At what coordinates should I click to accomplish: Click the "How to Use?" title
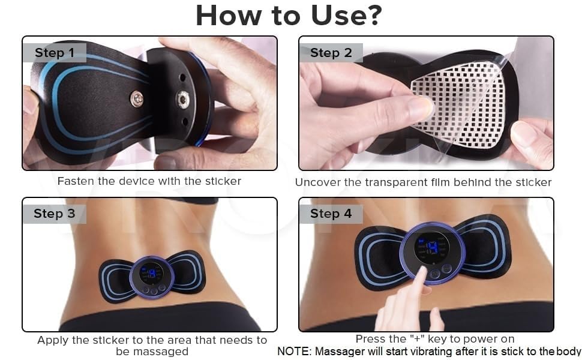coord(289,16)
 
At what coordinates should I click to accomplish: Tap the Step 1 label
coord(54,53)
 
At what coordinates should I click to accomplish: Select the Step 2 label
coord(331,53)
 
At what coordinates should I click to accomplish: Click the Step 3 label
coord(54,214)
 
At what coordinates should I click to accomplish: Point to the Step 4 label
coord(331,214)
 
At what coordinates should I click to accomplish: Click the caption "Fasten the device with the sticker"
coord(149,181)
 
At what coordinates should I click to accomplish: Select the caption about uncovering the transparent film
coord(424,182)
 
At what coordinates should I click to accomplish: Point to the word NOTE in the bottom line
coord(293,352)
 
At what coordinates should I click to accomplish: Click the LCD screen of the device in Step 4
coord(431,247)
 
